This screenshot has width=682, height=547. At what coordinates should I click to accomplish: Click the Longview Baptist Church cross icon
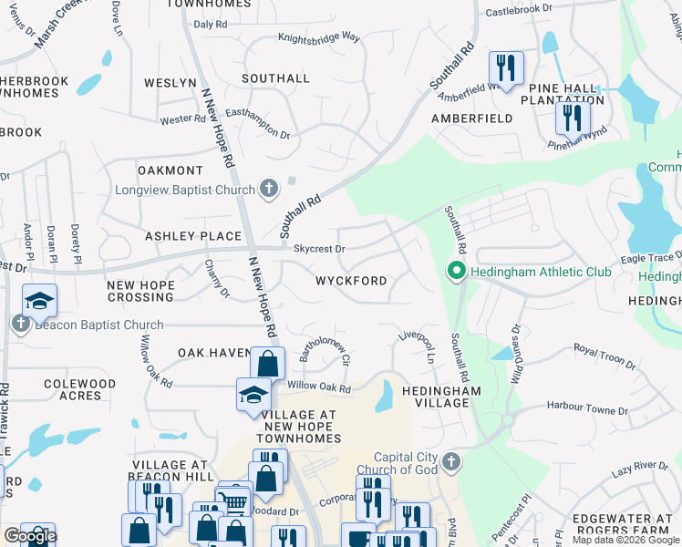click(x=268, y=190)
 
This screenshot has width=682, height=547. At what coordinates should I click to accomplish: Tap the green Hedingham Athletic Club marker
click(x=456, y=271)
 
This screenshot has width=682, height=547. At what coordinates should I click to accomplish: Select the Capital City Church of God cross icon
click(x=451, y=463)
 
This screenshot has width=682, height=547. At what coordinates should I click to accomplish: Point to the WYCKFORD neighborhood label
click(x=351, y=281)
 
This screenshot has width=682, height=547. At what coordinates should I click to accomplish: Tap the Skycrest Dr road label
click(x=319, y=248)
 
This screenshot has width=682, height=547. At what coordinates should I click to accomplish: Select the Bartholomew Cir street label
click(x=325, y=352)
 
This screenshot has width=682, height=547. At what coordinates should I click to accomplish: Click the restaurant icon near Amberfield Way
click(x=505, y=67)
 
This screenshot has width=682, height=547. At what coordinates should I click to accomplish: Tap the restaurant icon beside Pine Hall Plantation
click(x=573, y=118)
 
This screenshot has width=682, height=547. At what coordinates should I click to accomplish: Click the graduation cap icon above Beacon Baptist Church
click(x=40, y=301)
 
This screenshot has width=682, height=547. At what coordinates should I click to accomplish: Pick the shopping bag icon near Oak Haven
click(x=266, y=364)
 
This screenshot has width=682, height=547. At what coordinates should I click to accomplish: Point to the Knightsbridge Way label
click(x=319, y=38)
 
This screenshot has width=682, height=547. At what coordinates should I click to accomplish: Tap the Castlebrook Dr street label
click(x=519, y=8)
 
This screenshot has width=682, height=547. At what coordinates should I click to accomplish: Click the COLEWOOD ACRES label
click(x=79, y=389)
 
